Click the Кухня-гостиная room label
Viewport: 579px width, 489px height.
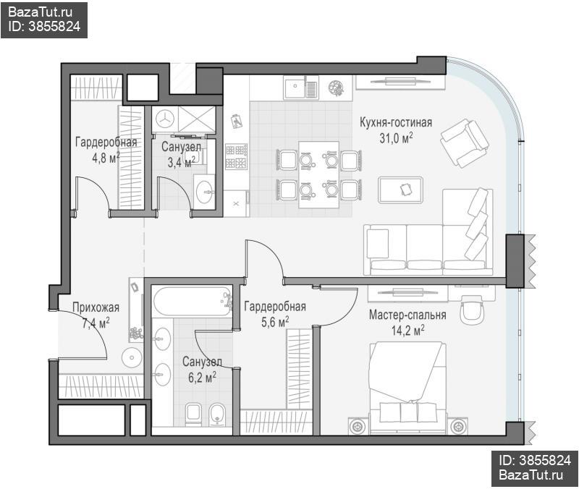pyautogui.click(x=396, y=122)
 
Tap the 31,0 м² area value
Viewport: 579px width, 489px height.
pyautogui.click(x=396, y=138)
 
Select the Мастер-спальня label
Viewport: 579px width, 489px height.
pyautogui.click(x=407, y=315)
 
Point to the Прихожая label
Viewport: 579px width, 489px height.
pyautogui.click(x=96, y=307)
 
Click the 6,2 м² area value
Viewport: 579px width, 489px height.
pyautogui.click(x=202, y=377)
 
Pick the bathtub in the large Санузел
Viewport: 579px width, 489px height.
pyautogui.click(x=192, y=302)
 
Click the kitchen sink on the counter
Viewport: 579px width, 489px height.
pyautogui.click(x=300, y=88)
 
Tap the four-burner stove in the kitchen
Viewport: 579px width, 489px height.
pyautogui.click(x=237, y=156)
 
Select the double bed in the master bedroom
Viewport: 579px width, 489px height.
pyautogui.click(x=407, y=387)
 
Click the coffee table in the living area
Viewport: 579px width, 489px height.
pyautogui.click(x=400, y=190)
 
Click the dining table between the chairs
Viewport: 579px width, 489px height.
pyautogui.click(x=318, y=174)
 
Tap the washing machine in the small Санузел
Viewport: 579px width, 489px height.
pyautogui.click(x=165, y=119)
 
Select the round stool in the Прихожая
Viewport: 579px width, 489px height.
pyautogui.click(x=132, y=357)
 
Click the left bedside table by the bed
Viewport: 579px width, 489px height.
pyautogui.click(x=358, y=426)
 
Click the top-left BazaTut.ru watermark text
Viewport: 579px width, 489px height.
pyautogui.click(x=40, y=12)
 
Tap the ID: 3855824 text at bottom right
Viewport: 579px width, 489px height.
pyautogui.click(x=535, y=460)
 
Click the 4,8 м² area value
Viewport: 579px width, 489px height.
pyautogui.click(x=106, y=158)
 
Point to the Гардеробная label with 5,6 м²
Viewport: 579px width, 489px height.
pyautogui.click(x=275, y=306)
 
